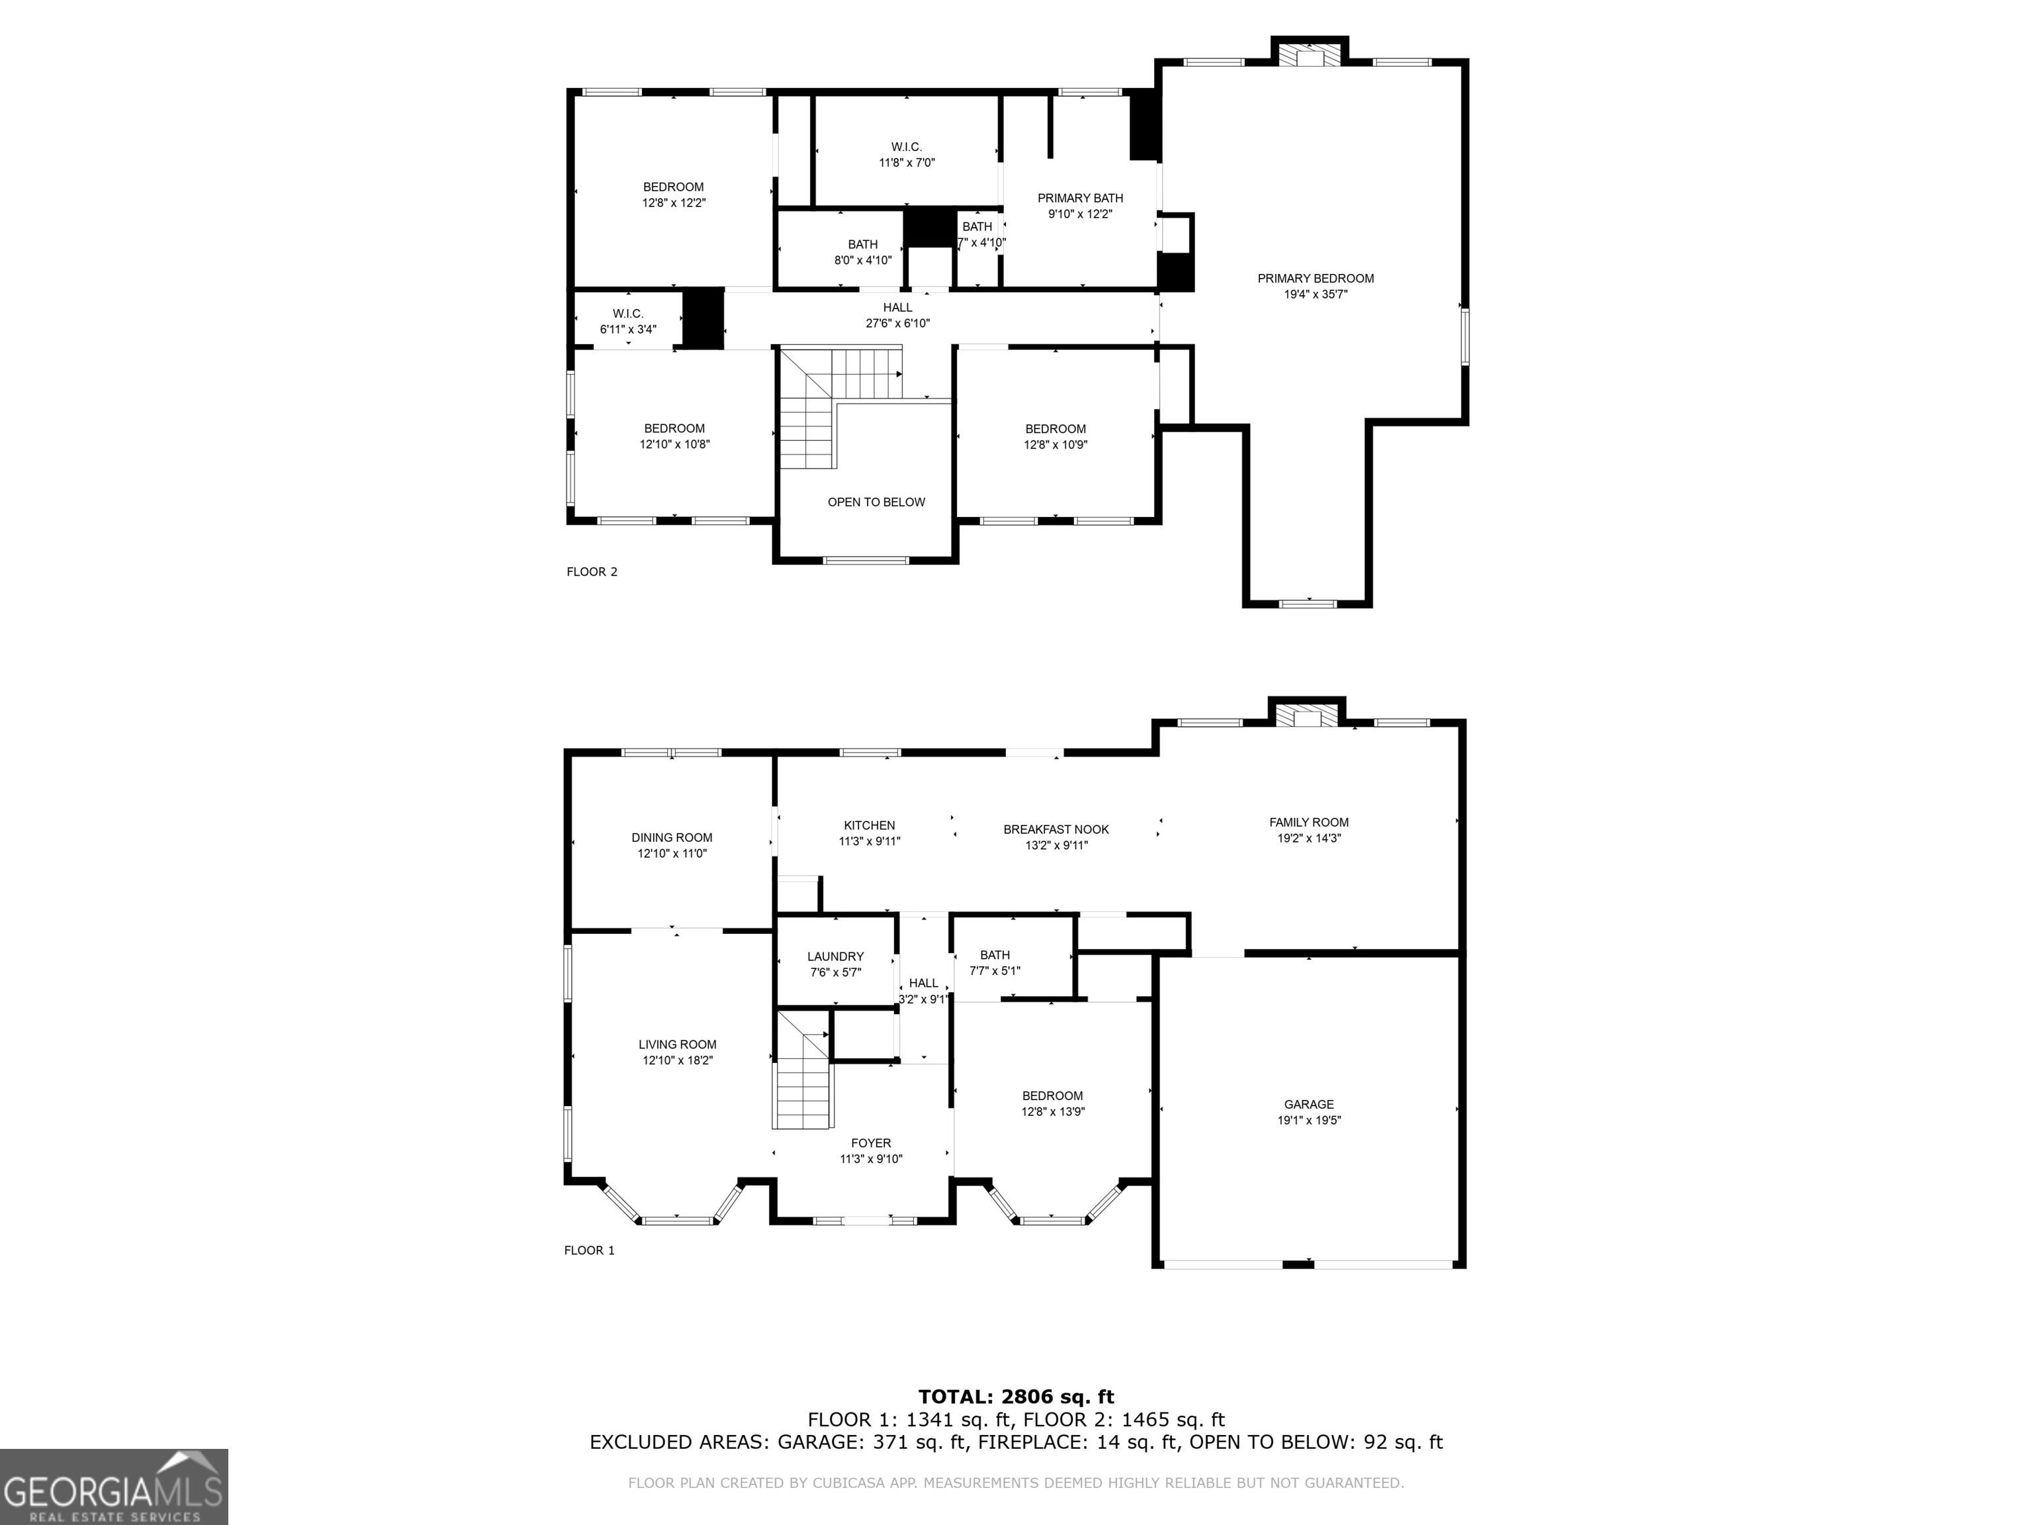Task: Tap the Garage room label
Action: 1309,1112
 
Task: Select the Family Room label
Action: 1309,830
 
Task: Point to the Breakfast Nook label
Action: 1056,837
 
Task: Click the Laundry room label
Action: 835,964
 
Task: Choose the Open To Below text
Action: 876,502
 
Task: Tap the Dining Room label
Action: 672,845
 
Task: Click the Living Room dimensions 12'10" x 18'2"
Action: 678,1060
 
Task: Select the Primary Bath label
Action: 1080,206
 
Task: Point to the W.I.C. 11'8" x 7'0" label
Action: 906,154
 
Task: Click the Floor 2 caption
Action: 592,572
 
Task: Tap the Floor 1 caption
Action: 589,1250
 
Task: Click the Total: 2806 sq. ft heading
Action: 1016,1398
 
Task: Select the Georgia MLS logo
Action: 114,1487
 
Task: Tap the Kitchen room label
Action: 870,833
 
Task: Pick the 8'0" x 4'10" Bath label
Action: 863,252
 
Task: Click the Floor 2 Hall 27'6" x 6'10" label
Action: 898,315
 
